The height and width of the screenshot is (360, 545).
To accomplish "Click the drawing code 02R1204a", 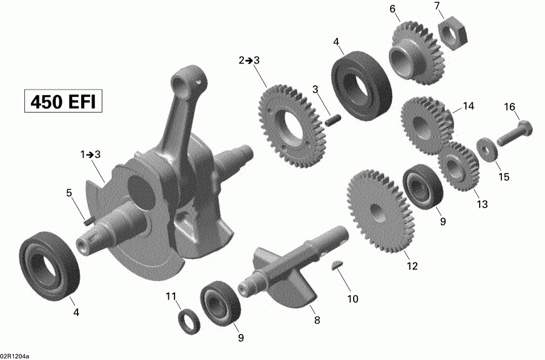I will pyautogui.click(x=15, y=356).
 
